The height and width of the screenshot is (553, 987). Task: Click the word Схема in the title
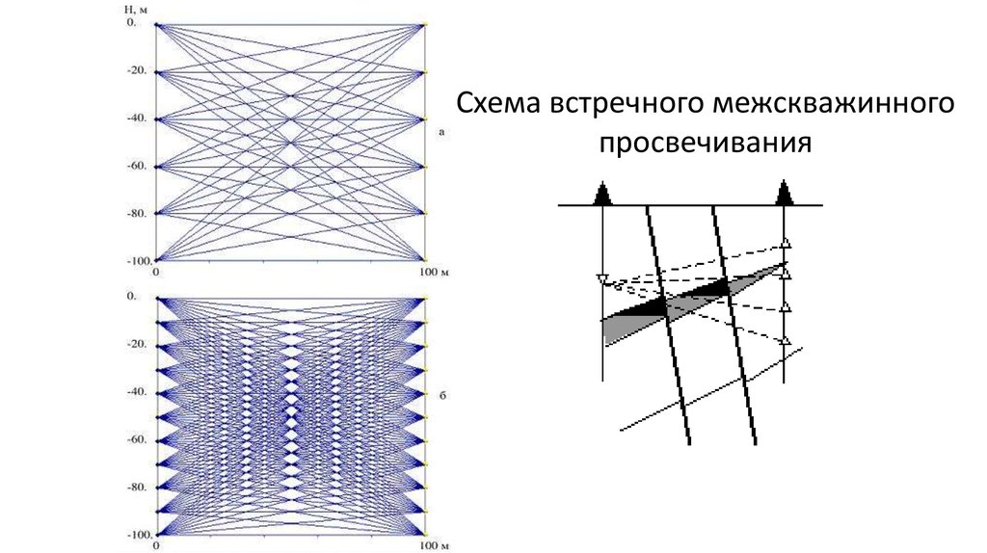pyautogui.click(x=499, y=103)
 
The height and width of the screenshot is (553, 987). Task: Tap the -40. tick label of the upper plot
pyautogui.click(x=136, y=118)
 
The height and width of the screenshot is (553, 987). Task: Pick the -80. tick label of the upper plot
pyautogui.click(x=136, y=212)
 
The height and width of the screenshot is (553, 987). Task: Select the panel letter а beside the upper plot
pyautogui.click(x=440, y=134)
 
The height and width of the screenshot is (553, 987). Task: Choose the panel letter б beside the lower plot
pyautogui.click(x=440, y=394)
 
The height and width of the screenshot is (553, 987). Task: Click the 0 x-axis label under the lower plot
pyautogui.click(x=155, y=546)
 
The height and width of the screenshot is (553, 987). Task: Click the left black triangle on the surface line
pyautogui.click(x=602, y=195)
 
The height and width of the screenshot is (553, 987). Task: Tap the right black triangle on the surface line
pyautogui.click(x=786, y=195)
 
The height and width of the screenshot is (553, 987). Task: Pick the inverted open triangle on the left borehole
pyautogui.click(x=602, y=280)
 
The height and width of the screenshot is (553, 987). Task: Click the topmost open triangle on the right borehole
pyautogui.click(x=786, y=243)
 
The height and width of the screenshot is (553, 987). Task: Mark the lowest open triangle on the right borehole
pyautogui.click(x=786, y=341)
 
